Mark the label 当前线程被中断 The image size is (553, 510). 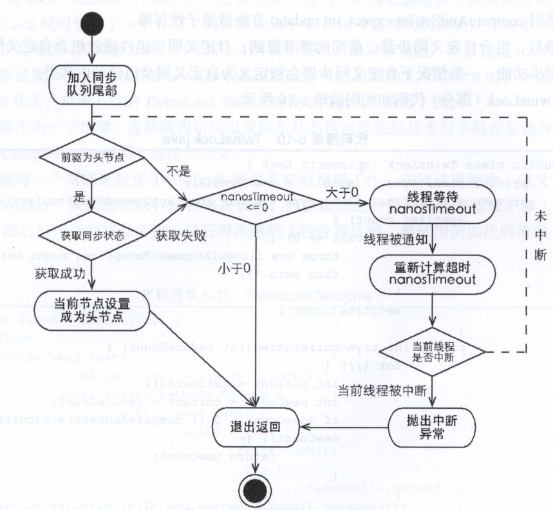point(376,389)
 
